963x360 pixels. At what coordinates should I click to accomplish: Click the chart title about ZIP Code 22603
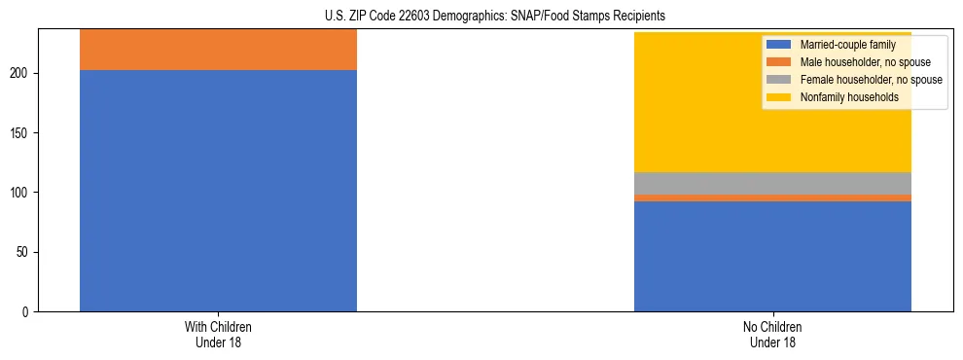tap(481, 16)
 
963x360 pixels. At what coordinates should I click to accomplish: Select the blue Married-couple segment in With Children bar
tap(218, 191)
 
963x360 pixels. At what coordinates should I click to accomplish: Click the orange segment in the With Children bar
tap(218, 50)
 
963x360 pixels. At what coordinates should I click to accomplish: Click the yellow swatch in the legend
tap(779, 97)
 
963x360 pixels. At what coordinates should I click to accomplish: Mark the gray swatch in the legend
tap(779, 80)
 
